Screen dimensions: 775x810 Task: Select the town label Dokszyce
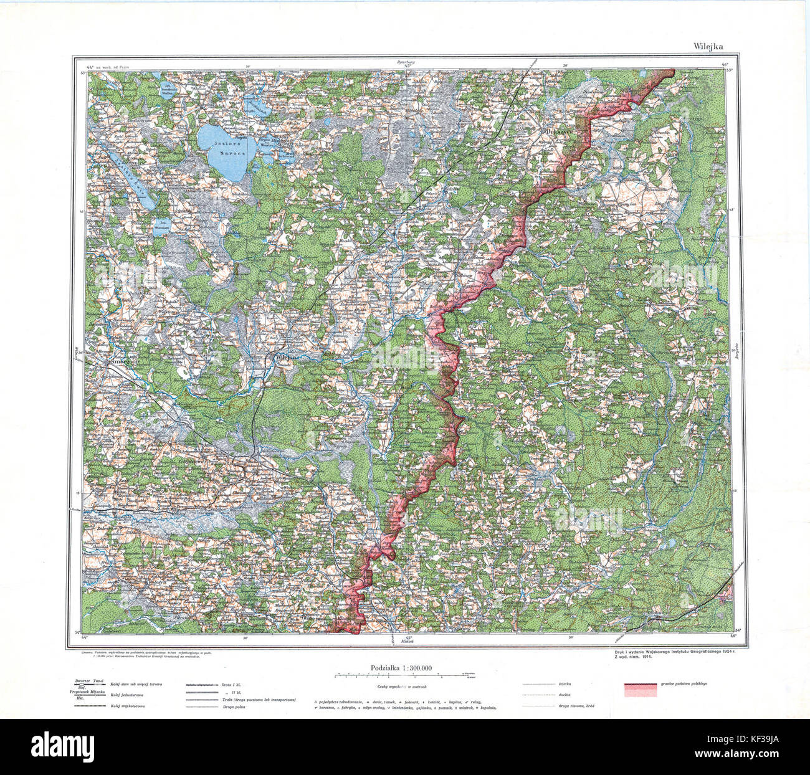coord(559,133)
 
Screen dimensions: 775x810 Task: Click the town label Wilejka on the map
coord(287,358)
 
